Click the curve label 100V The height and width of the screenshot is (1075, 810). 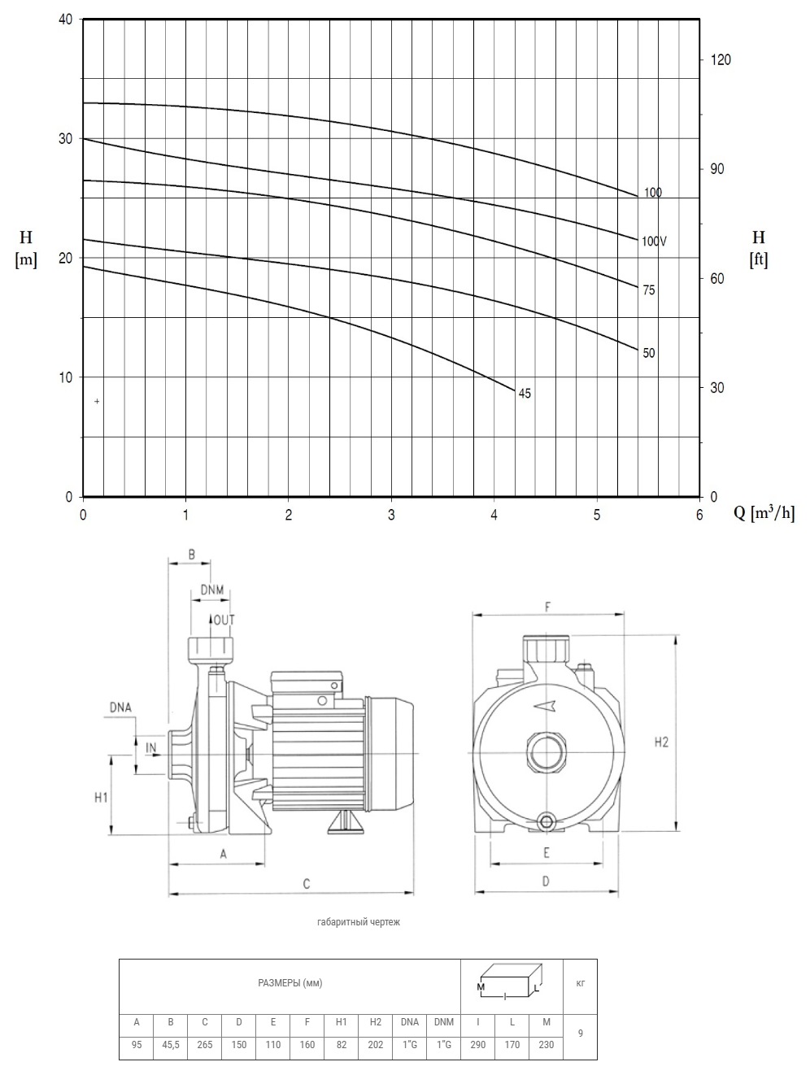point(654,241)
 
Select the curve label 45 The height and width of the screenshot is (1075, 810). point(525,394)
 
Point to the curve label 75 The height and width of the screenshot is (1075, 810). point(648,290)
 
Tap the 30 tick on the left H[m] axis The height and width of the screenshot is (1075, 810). point(65,138)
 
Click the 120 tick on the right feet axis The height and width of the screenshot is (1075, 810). point(721,59)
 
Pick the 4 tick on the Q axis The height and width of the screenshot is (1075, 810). point(494,516)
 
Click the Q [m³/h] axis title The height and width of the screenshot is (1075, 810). point(764,513)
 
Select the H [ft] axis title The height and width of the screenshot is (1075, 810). point(759,248)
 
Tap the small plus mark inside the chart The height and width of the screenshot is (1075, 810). point(97,401)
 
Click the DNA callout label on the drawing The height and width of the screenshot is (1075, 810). point(120,707)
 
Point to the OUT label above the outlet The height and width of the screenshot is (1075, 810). point(224,620)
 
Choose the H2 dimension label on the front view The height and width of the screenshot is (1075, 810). point(661,742)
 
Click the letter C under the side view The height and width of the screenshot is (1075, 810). point(307,884)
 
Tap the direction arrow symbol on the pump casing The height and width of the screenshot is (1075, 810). point(545,706)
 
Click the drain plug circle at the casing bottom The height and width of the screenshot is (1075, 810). point(546,822)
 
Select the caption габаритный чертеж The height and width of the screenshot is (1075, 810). point(359,921)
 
